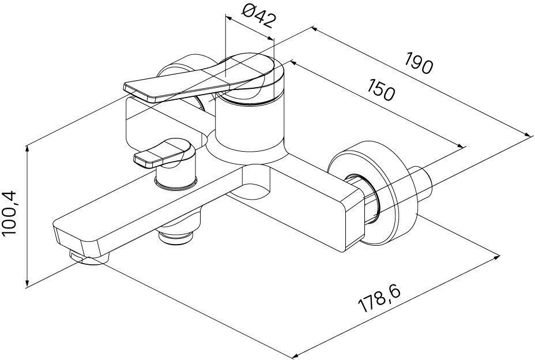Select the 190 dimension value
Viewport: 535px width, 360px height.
419,63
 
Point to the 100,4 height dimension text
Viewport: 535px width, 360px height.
9,214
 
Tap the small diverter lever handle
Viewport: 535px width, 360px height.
164,153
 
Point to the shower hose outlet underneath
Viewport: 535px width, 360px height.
176,235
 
